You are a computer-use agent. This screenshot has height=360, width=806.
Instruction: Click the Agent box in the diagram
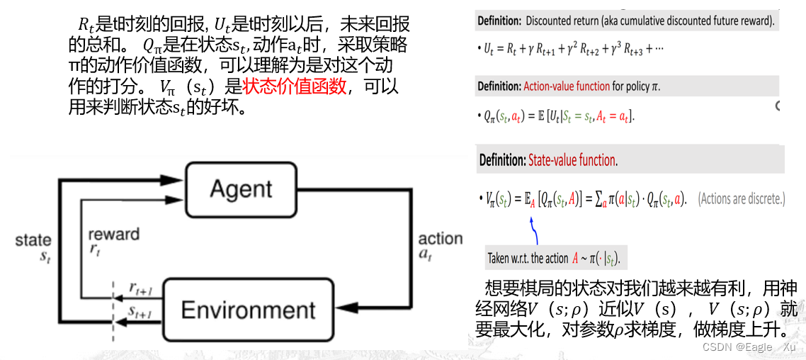click(x=241, y=189)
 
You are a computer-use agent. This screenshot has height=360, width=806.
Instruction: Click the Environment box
click(x=248, y=310)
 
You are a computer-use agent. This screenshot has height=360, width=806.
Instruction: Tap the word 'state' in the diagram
click(x=33, y=241)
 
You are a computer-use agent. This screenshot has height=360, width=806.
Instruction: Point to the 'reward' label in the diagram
click(x=113, y=235)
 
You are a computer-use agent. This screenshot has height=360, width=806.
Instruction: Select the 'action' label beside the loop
click(x=440, y=239)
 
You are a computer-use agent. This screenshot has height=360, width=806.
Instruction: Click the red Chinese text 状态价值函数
click(x=295, y=87)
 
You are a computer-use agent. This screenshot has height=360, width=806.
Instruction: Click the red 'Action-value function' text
click(x=567, y=86)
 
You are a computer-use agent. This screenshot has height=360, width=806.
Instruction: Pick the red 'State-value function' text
click(x=573, y=160)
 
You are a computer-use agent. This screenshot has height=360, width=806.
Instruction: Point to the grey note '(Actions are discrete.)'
click(x=742, y=199)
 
